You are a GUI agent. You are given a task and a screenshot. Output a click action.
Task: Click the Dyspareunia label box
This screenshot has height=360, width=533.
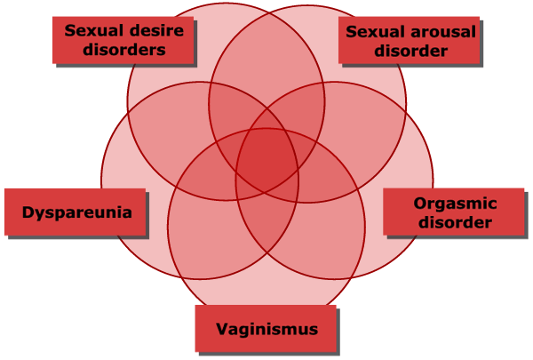76,212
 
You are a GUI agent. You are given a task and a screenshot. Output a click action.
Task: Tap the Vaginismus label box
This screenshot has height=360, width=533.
266,329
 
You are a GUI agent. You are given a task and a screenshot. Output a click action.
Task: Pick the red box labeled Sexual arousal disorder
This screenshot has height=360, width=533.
410,41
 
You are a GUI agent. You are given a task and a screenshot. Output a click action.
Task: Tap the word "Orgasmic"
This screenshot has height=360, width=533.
454,204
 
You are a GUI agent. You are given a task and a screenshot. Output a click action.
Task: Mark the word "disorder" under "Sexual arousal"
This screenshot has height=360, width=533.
410,51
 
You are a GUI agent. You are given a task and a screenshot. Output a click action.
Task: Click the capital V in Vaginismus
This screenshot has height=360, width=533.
221,329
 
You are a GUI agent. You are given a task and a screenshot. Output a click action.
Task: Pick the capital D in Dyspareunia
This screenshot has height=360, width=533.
27,212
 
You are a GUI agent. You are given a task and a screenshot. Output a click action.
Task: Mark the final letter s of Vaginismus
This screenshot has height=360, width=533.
313,329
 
